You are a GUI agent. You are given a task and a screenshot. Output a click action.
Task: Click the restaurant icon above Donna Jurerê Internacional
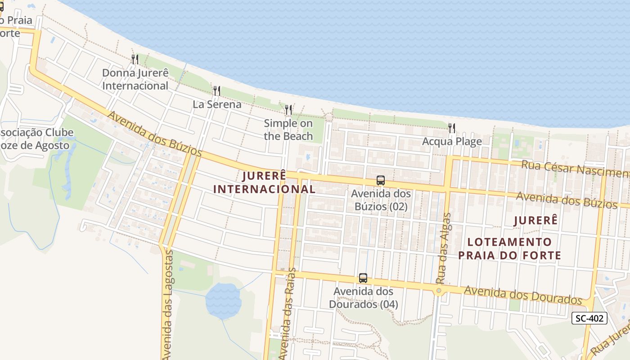(135, 59)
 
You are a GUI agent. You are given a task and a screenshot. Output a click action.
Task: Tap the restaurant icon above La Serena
(217, 91)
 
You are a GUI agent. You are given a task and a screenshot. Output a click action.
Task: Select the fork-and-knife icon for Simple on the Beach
(288, 110)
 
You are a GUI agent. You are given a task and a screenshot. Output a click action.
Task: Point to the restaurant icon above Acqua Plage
(452, 128)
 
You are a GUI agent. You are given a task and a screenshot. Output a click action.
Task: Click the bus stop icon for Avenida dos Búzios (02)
(381, 180)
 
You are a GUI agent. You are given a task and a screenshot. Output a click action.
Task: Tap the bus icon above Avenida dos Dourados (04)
(363, 278)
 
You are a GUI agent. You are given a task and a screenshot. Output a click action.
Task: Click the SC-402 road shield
(589, 318)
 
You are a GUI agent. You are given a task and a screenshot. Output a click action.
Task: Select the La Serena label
(217, 104)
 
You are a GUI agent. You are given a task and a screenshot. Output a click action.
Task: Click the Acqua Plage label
(452, 141)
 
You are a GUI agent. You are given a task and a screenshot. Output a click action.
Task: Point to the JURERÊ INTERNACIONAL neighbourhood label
(264, 182)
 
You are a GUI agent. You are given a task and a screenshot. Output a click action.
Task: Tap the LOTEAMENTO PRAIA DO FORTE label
(509, 248)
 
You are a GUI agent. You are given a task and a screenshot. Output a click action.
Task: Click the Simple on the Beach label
(288, 130)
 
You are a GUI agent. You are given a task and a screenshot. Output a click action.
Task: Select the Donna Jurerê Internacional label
(135, 79)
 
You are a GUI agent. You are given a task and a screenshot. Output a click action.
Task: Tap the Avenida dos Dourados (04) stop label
(363, 298)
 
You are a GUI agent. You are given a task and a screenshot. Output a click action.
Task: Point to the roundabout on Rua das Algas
(439, 291)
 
